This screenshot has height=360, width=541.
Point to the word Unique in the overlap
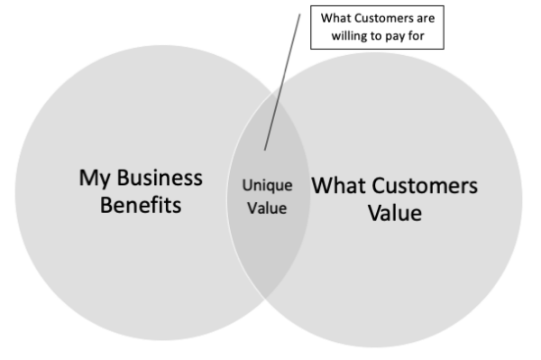pyautogui.click(x=268, y=186)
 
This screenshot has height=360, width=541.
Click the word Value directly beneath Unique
pyautogui.click(x=268, y=208)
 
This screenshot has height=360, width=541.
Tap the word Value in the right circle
pyautogui.click(x=395, y=217)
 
